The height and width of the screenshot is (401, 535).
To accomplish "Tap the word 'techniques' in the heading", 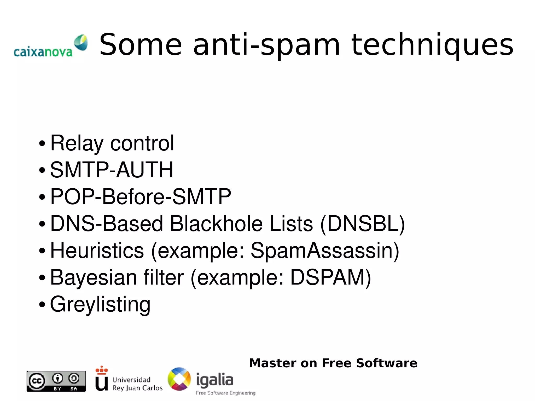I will point(432,45).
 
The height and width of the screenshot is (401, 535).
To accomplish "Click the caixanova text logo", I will point(43,52).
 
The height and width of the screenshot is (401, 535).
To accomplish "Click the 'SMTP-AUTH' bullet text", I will point(112,170).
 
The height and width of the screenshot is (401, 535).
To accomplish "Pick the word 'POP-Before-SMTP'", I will point(141,196).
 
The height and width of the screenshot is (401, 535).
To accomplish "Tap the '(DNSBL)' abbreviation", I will point(362,224).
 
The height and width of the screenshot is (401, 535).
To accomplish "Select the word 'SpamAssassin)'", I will point(325,251).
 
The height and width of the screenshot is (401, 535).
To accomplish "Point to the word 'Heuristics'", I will point(97,251).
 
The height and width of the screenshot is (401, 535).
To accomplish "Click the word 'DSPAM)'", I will point(330,277).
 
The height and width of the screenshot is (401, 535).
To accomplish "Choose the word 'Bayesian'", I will point(93,277).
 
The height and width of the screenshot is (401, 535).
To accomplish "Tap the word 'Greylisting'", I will point(100,304).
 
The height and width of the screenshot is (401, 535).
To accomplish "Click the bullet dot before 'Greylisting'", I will point(42,304).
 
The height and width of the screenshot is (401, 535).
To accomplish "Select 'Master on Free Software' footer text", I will point(333,363).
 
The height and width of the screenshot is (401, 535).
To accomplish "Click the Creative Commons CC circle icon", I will point(37,381).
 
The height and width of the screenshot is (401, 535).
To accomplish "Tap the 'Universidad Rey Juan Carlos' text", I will point(137,384).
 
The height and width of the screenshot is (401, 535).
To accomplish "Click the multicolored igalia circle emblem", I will point(179,379).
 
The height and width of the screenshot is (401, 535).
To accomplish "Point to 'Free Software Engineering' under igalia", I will point(225,393).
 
